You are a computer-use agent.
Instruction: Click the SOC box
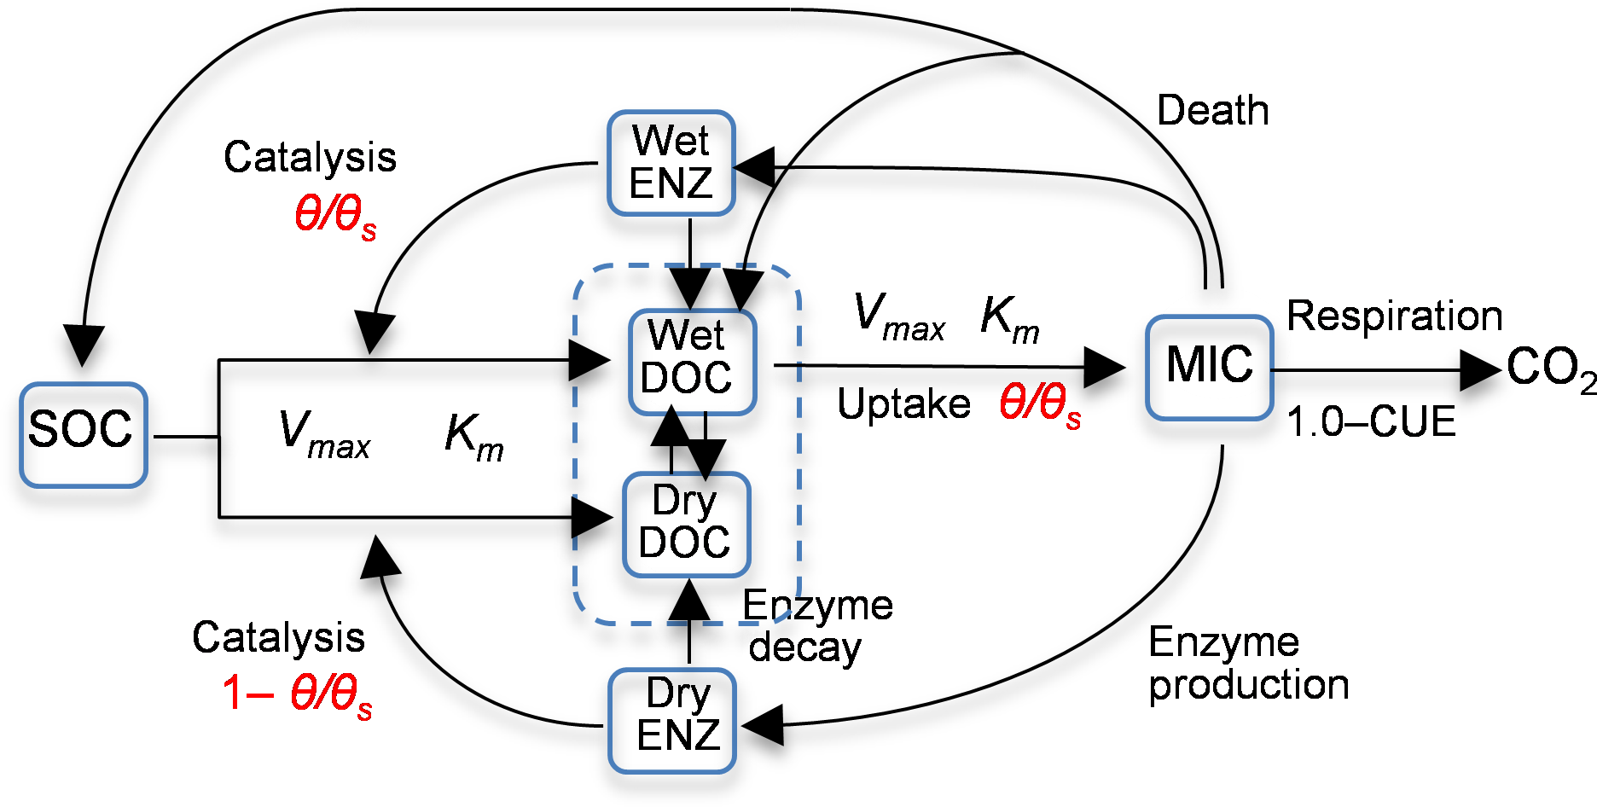click(x=83, y=434)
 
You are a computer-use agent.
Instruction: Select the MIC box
click(x=1209, y=367)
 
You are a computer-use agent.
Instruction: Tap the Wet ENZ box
click(x=671, y=162)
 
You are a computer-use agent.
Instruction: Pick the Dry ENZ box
click(x=672, y=720)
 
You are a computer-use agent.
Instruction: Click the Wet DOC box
click(x=692, y=362)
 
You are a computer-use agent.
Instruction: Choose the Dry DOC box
click(x=686, y=524)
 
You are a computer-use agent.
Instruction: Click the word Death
click(x=1212, y=111)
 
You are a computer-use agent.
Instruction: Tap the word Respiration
click(x=1394, y=316)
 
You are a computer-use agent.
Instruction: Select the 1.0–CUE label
click(x=1371, y=421)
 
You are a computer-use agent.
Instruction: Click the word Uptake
click(x=903, y=403)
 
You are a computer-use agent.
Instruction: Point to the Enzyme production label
click(x=1248, y=663)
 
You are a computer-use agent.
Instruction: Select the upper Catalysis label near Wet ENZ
click(x=310, y=158)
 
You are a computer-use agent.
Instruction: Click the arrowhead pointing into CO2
click(x=1481, y=370)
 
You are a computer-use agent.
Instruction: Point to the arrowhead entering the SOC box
click(x=83, y=345)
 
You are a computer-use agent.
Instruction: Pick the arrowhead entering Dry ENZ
click(x=763, y=726)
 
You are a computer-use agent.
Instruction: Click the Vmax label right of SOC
click(x=324, y=434)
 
